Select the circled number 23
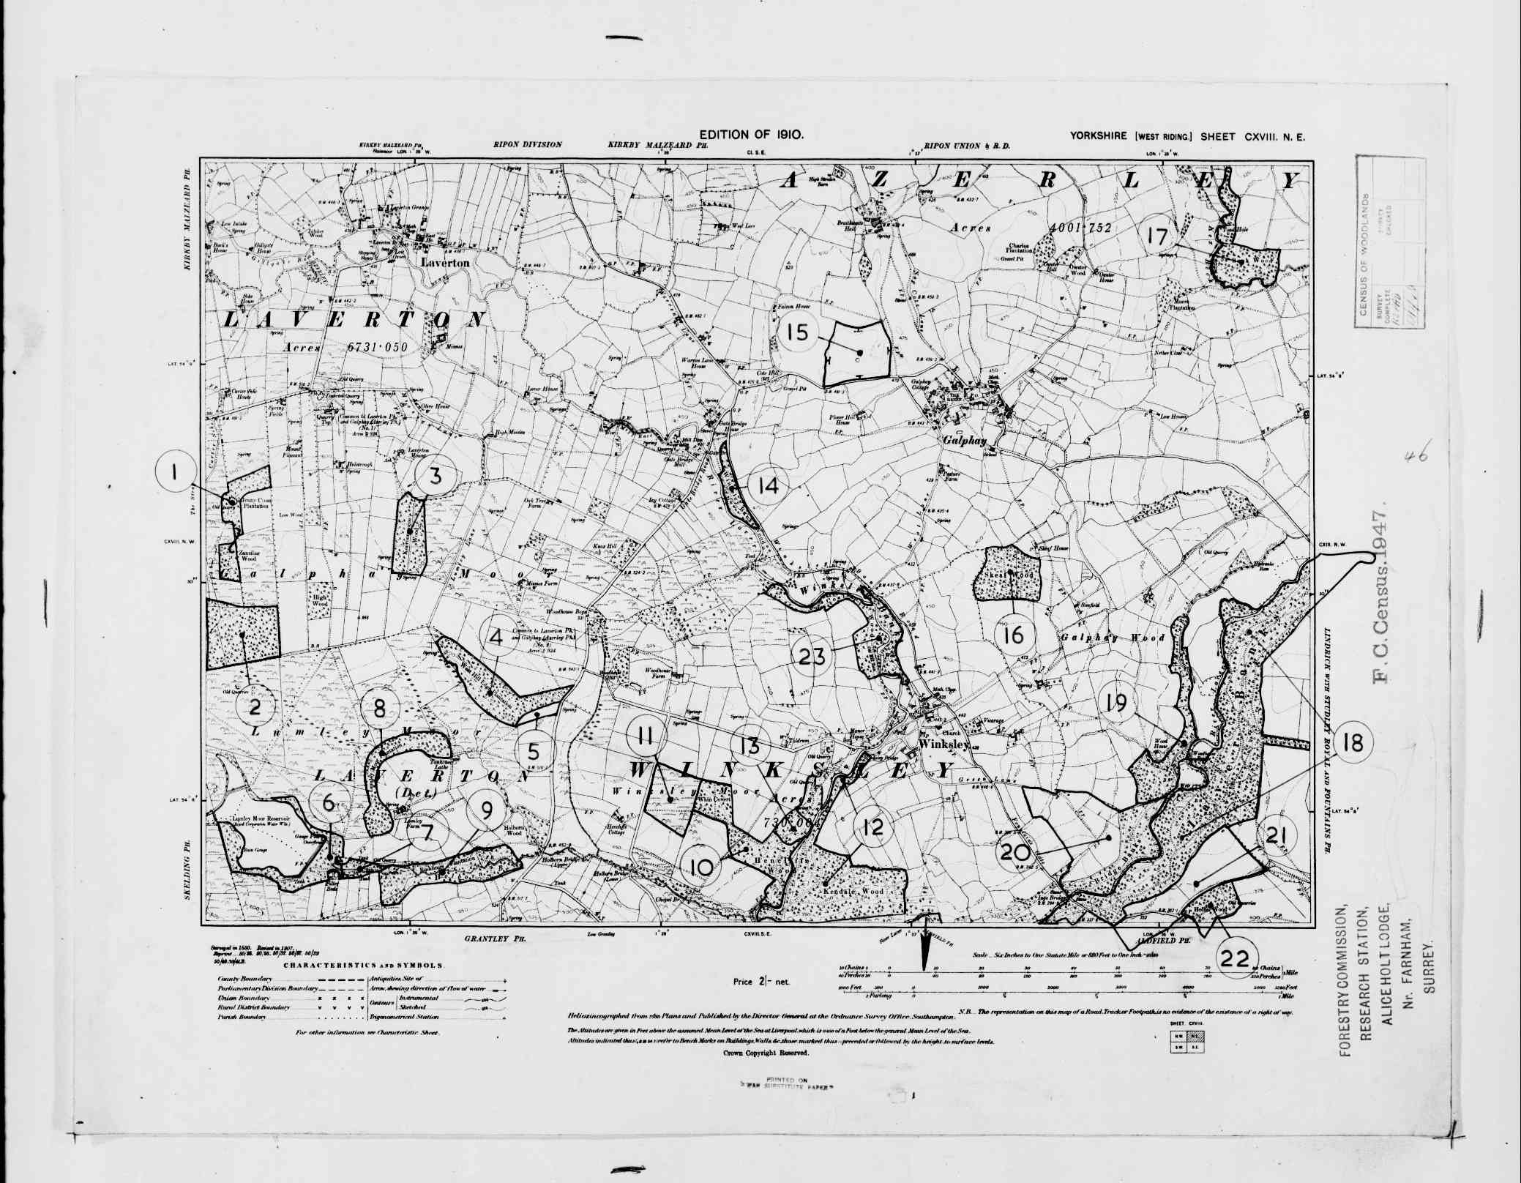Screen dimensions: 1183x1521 (812, 656)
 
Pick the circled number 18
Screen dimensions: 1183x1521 (1353, 742)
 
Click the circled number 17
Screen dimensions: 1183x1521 (1158, 236)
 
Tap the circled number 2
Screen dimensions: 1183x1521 (255, 707)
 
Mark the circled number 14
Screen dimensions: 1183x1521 (769, 485)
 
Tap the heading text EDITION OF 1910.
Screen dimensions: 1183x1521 (752, 135)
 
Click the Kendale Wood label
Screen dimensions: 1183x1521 (854, 892)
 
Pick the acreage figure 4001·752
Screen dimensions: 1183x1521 (1080, 228)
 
